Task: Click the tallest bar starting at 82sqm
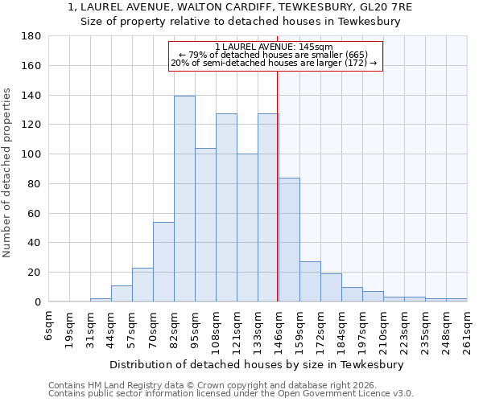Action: point(184,199)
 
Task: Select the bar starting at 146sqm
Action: point(289,240)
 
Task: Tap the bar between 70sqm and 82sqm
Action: point(163,261)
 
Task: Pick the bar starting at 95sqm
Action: point(205,224)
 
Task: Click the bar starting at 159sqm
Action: point(310,281)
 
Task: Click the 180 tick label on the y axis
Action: point(31,36)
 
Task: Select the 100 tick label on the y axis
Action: point(31,154)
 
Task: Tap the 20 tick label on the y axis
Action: point(35,273)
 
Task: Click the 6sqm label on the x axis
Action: point(49,326)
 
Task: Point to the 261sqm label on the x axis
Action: point(467,329)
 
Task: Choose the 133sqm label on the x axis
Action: point(258,329)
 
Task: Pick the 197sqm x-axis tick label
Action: point(362,329)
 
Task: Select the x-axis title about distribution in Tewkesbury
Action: point(257,364)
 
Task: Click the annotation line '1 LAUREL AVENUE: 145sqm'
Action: point(275,47)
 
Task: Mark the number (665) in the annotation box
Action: point(358,55)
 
